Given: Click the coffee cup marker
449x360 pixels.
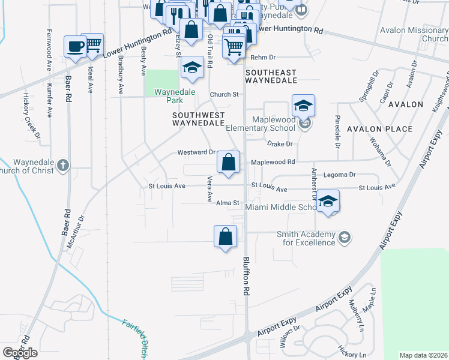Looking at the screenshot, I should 76,47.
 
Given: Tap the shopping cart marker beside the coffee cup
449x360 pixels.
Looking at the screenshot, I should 92,44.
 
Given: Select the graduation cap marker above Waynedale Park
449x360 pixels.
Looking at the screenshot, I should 192,68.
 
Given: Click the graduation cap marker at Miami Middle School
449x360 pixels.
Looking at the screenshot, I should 327,202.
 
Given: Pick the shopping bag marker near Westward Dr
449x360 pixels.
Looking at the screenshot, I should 229,162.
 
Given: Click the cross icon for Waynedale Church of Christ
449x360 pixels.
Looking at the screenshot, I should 63,165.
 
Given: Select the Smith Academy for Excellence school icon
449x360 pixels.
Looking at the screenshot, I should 345,238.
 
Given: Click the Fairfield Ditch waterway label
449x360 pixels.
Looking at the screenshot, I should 134,339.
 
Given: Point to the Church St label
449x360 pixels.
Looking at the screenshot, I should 224,95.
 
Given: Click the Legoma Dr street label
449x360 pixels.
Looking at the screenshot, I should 340,175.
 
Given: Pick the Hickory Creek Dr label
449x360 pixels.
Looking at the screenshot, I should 31,116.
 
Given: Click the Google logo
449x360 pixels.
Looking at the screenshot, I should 20,352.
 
